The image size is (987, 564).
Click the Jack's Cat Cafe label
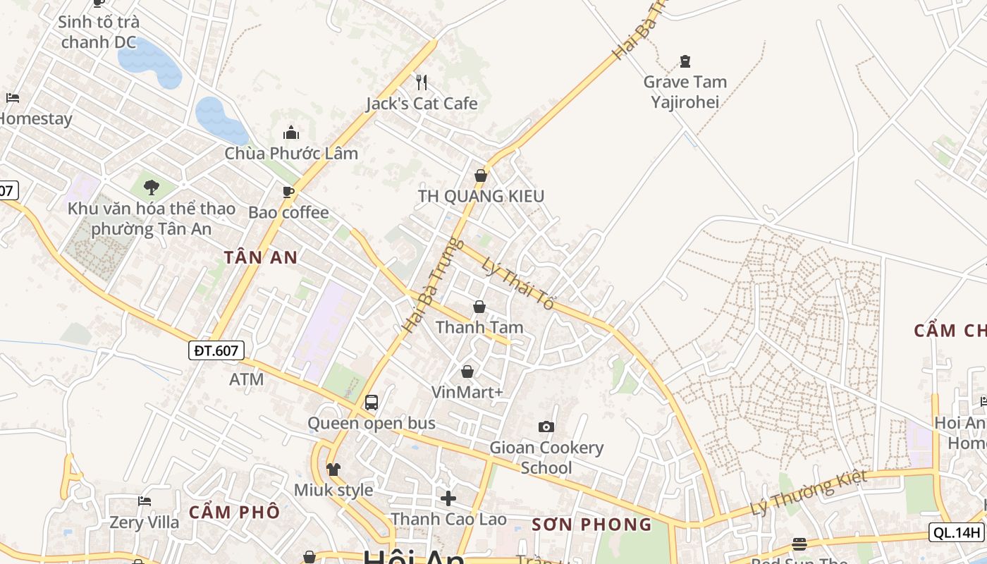click(422, 104)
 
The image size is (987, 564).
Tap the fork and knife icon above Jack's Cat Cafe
click(422, 82)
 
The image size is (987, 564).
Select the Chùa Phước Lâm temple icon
click(290, 133)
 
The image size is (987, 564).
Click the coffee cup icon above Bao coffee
click(288, 192)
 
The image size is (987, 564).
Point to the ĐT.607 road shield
click(216, 350)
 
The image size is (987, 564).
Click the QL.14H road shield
click(957, 532)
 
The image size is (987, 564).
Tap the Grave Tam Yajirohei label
click(685, 92)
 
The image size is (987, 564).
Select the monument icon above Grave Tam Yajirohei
click(685, 61)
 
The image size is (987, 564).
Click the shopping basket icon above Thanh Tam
click(479, 307)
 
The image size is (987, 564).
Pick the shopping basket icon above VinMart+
click(467, 371)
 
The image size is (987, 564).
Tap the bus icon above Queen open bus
click(372, 403)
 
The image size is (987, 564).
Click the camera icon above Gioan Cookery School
click(546, 427)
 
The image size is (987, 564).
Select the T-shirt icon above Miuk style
click(333, 469)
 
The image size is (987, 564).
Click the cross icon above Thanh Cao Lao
click(448, 498)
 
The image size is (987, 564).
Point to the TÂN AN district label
click(261, 258)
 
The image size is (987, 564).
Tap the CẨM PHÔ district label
click(234, 513)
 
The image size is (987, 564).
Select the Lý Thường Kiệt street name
click(808, 493)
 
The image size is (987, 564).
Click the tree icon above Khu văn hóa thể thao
click(151, 187)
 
